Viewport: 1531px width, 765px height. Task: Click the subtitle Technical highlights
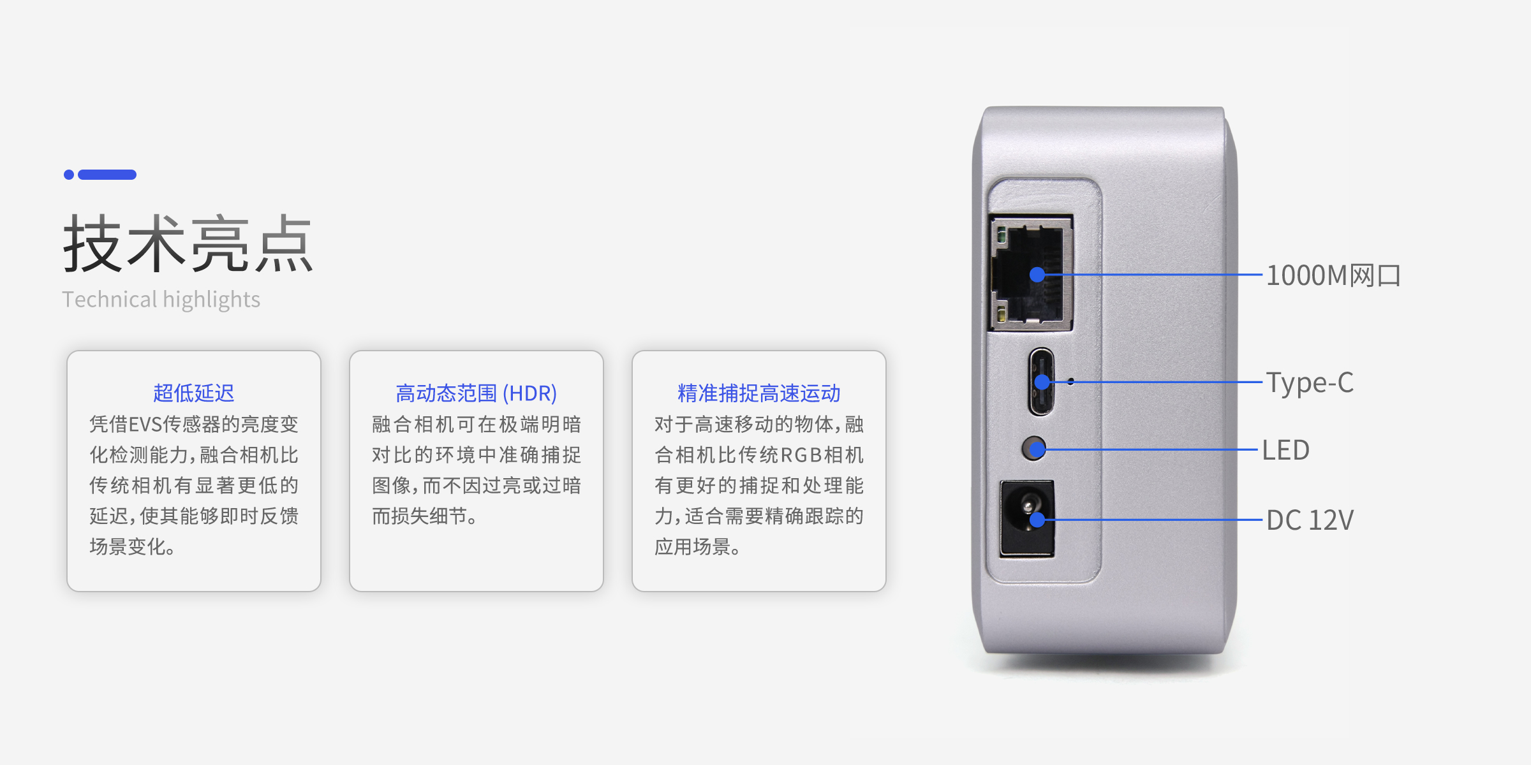[161, 300]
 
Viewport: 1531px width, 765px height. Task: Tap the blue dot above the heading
[69, 175]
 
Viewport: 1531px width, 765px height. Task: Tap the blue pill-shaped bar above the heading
[107, 175]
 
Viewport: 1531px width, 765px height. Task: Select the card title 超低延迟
[194, 393]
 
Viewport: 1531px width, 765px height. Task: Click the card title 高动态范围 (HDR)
[477, 393]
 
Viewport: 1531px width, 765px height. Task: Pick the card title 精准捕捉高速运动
[759, 393]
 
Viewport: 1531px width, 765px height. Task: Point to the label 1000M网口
[1333, 275]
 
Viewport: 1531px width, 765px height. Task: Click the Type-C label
[1310, 382]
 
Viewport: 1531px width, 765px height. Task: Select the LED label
[1286, 450]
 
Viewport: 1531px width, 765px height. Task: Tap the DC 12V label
[1310, 520]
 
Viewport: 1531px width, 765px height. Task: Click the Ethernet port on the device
[1030, 273]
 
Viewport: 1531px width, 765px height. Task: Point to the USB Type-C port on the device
[1041, 382]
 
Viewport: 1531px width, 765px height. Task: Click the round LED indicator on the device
[1033, 448]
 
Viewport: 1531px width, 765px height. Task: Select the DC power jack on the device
[1027, 519]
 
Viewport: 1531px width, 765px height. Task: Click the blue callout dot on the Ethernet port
[1037, 275]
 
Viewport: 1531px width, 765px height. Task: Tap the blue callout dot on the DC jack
[1037, 520]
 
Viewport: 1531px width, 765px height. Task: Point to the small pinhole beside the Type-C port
[1070, 381]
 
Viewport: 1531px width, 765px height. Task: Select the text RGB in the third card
[801, 455]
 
